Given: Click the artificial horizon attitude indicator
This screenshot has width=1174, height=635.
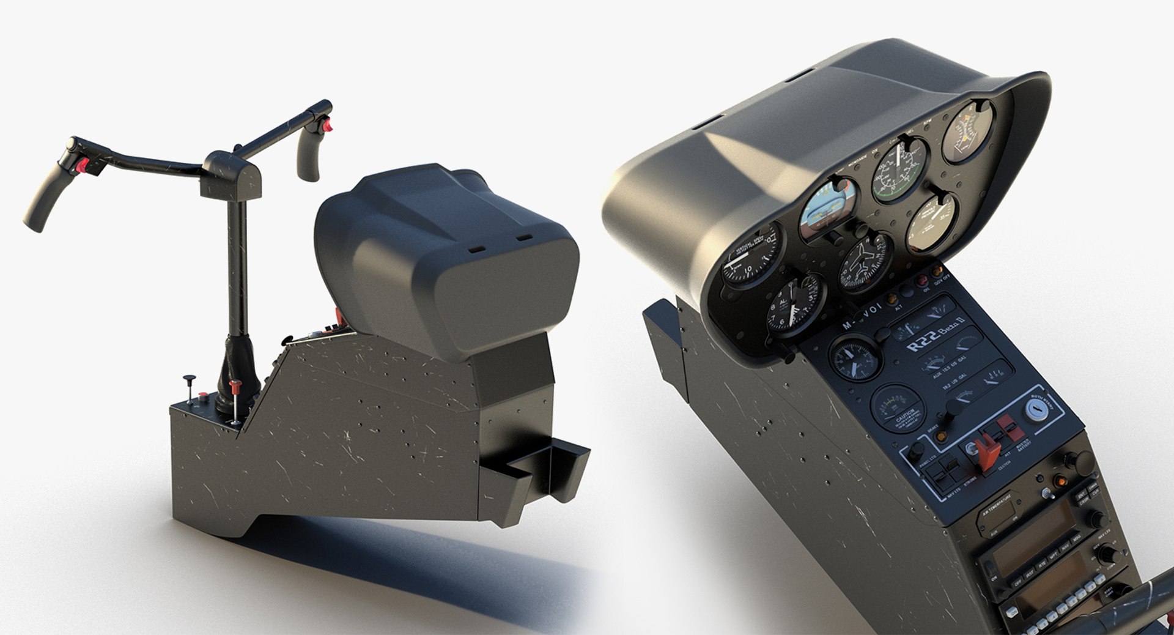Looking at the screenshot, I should [x=828, y=209].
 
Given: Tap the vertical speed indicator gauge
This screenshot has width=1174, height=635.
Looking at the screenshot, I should [x=751, y=254].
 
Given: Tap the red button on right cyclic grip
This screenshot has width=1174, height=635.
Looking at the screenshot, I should [x=327, y=125].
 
